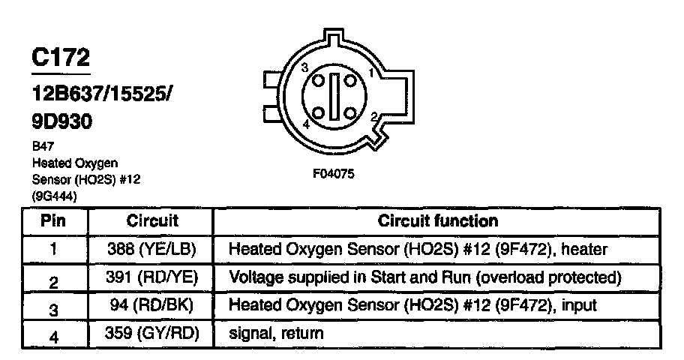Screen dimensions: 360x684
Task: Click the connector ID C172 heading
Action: coord(61,57)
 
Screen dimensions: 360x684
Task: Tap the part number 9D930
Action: coord(62,121)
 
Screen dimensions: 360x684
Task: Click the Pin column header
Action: coord(53,221)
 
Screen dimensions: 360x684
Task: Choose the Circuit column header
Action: coord(152,221)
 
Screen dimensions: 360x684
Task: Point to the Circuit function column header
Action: coord(437,221)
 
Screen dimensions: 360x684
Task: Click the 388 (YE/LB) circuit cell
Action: coord(152,248)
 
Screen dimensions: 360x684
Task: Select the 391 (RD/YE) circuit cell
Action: coord(152,277)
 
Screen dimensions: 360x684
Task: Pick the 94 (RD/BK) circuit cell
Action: coord(152,306)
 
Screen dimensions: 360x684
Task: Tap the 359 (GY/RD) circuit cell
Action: coord(152,333)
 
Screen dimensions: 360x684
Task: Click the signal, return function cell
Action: coord(276,333)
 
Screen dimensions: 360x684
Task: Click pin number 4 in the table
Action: coord(53,336)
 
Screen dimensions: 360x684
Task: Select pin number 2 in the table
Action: coord(53,280)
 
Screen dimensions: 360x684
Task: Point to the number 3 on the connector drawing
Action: coord(304,68)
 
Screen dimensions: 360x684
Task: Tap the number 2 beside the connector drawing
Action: coord(373,116)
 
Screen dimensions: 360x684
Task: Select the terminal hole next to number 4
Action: coord(319,113)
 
